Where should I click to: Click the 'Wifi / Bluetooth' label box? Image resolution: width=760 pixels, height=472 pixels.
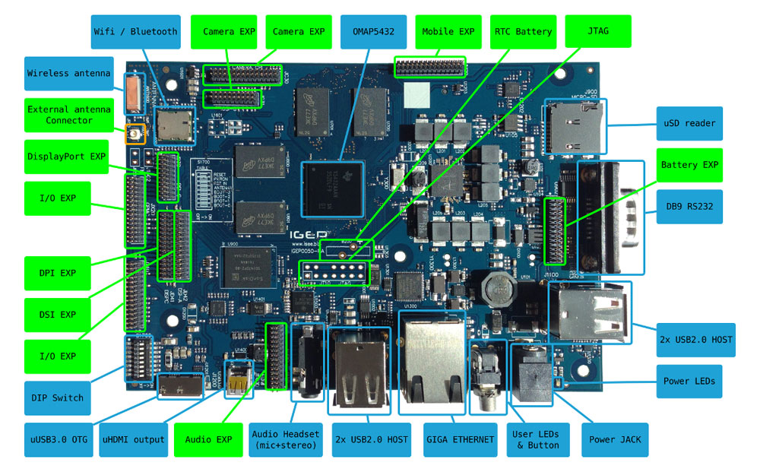136,32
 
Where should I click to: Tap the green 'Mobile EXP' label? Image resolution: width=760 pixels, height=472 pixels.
449,32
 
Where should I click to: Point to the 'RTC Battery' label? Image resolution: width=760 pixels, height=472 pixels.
524,32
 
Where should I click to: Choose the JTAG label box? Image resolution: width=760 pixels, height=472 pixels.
598,32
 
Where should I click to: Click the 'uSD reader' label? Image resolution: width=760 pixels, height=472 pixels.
689,123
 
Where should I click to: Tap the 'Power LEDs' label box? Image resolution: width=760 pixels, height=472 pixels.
689,381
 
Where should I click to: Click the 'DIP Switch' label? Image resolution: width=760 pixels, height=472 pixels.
58,398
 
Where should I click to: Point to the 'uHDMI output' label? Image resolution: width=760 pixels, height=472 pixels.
132,439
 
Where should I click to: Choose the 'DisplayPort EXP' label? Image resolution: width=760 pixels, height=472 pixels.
67,157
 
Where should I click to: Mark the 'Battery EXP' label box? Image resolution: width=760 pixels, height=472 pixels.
689,164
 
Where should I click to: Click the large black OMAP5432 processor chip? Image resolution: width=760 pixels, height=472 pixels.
333,188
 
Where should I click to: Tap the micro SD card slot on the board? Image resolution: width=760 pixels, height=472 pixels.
574,125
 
